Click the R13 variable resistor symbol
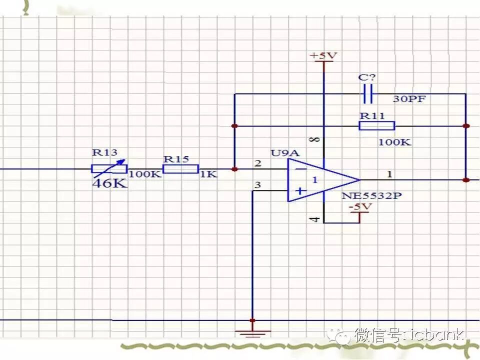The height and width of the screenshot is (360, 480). click(x=109, y=168)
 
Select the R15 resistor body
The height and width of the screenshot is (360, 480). click(x=181, y=169)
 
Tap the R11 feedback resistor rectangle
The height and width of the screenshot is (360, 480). click(x=377, y=125)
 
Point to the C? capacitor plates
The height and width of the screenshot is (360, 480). click(x=368, y=93)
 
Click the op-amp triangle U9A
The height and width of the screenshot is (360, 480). click(x=320, y=180)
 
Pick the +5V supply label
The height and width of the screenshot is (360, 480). click(x=323, y=55)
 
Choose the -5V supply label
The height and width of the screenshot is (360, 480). click(x=360, y=206)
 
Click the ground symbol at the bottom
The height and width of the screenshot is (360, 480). click(x=253, y=332)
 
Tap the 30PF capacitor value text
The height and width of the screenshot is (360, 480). click(x=409, y=99)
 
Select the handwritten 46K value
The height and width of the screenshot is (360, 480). click(x=109, y=183)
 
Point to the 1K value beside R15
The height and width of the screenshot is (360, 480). click(x=208, y=174)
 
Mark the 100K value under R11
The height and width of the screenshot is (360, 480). click(x=394, y=142)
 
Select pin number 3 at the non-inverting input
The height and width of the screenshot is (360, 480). click(x=257, y=185)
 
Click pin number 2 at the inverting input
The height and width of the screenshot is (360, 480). click(x=257, y=163)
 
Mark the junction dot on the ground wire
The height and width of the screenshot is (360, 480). click(x=252, y=320)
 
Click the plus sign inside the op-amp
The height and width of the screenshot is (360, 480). click(x=300, y=190)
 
